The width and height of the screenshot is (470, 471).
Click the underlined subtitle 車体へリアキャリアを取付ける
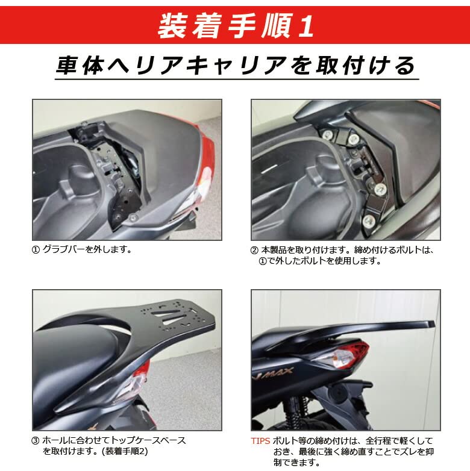(235, 65)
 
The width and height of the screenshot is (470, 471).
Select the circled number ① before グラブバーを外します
(36, 249)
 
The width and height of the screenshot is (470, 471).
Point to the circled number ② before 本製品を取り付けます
(254, 249)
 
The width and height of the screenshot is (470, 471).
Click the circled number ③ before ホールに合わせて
(36, 440)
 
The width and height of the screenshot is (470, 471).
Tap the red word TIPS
(261, 440)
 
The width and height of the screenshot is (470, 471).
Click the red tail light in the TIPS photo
(346, 356)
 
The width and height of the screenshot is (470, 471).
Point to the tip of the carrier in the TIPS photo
(431, 324)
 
